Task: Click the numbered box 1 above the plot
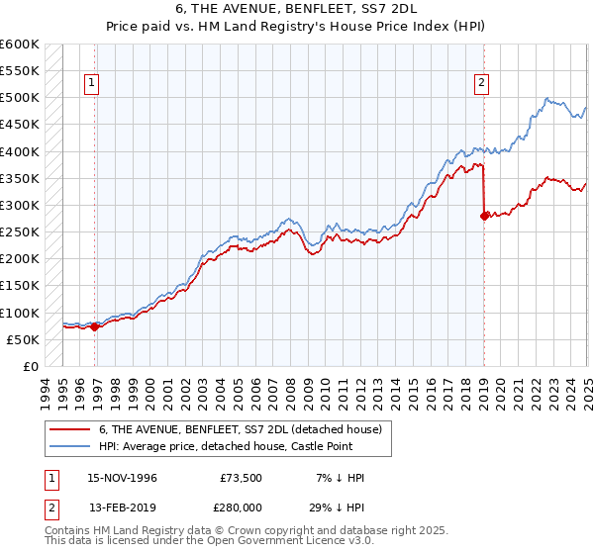91,84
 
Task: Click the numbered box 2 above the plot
481,84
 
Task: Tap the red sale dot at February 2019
484,216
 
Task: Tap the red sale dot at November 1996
95,327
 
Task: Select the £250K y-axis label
20,232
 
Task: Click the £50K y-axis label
23,339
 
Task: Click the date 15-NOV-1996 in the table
121,478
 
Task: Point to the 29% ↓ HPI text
336,507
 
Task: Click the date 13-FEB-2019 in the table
121,507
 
